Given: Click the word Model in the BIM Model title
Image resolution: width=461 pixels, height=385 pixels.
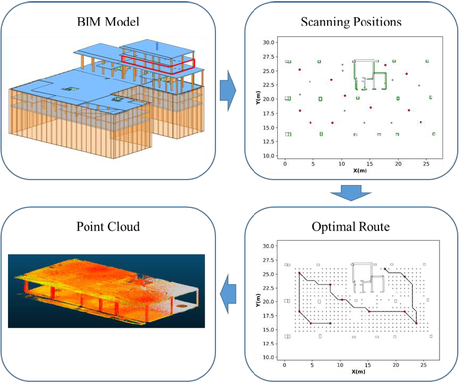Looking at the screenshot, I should coord(125,23).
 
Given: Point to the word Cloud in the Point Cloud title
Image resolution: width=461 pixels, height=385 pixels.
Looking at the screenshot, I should coord(124,226).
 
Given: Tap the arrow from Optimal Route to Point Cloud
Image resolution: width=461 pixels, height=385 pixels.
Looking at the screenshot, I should coord(229,293).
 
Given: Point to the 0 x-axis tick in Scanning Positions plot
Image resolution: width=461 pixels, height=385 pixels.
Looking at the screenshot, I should coord(285,162).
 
